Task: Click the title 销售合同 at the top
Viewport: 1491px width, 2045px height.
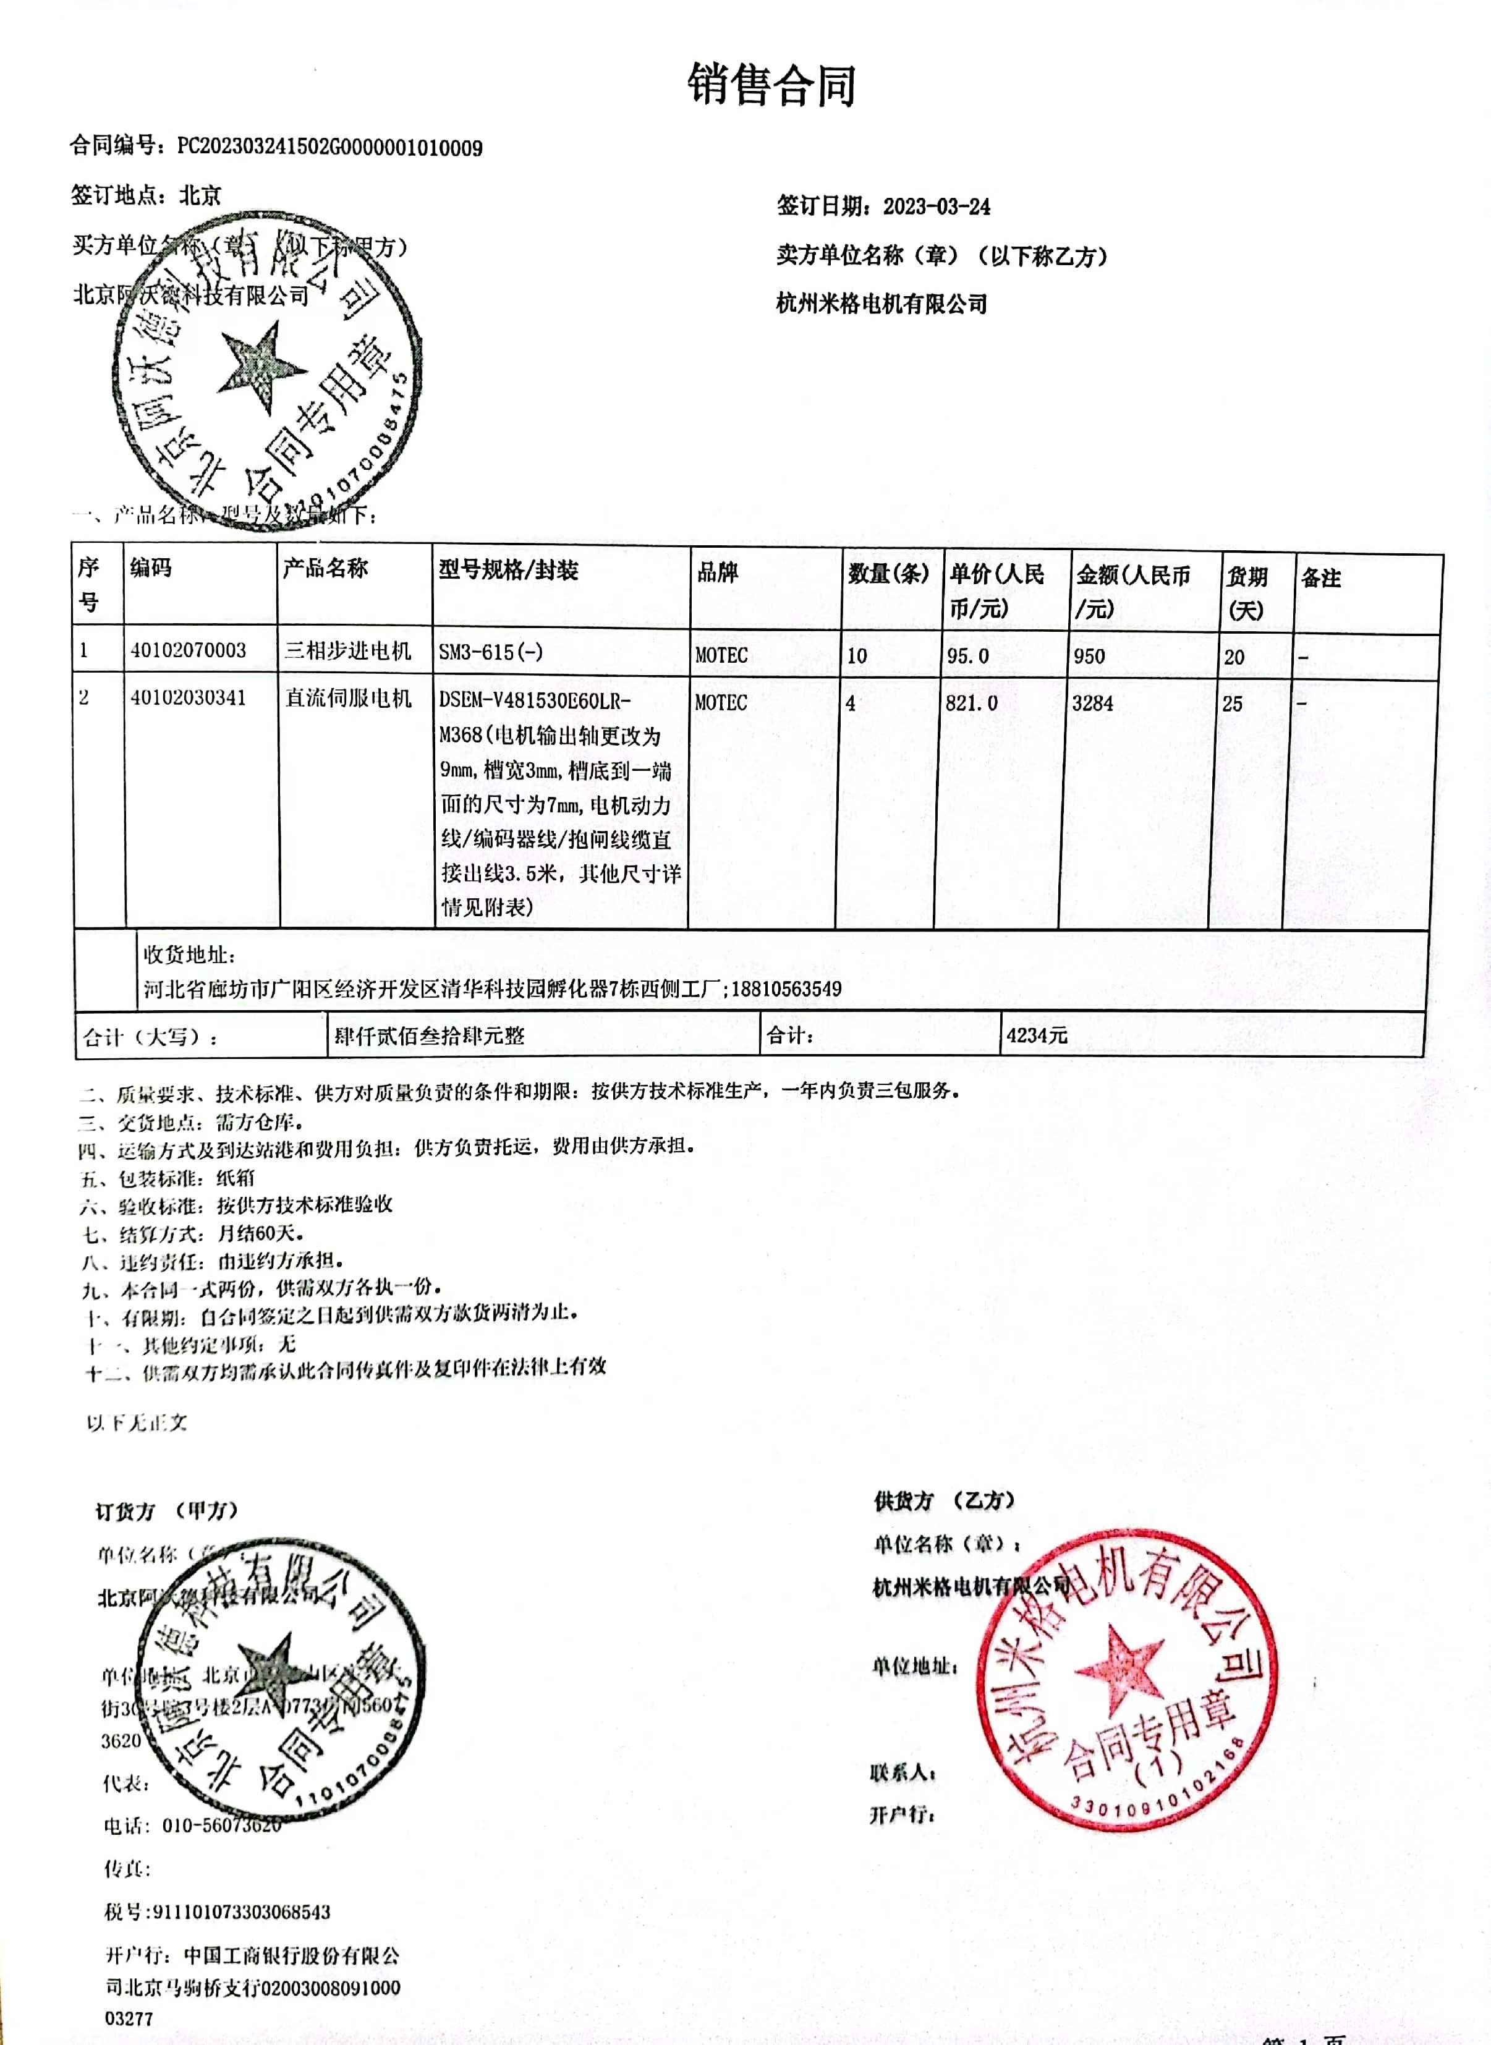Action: pos(771,87)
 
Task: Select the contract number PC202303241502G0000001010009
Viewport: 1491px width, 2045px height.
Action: pos(329,148)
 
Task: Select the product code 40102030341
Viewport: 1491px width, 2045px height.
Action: pos(188,697)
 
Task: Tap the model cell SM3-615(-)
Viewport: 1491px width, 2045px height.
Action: pos(491,652)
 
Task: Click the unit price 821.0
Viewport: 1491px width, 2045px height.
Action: pos(971,703)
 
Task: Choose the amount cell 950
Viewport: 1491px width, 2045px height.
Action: pos(1089,656)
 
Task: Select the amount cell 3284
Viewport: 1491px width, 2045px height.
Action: pos(1092,703)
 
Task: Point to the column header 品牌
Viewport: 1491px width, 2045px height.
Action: pos(718,572)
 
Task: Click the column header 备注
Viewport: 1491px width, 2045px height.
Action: pos(1320,577)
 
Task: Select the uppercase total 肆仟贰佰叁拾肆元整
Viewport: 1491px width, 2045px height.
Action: pos(429,1035)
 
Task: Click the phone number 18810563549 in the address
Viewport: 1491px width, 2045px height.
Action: pos(786,988)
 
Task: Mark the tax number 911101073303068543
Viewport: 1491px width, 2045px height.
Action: pos(241,1910)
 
